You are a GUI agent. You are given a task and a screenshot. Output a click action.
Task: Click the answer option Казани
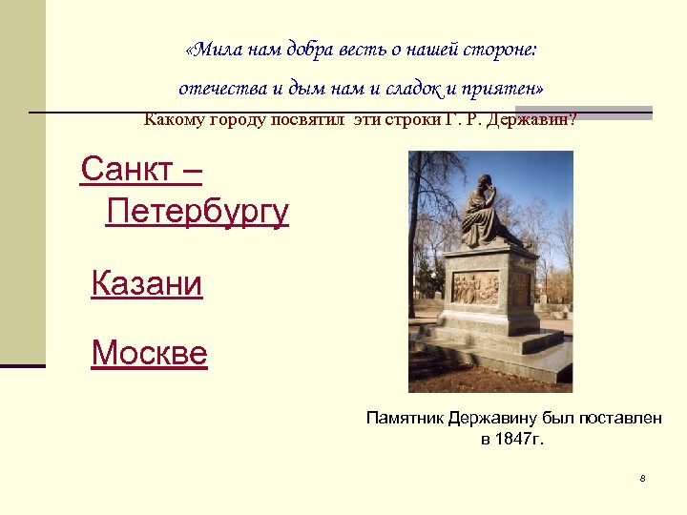[147, 283]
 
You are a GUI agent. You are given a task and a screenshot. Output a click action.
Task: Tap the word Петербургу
[198, 210]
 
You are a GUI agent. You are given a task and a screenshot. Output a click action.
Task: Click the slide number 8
[643, 478]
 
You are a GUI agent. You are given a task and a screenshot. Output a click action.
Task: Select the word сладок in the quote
[416, 89]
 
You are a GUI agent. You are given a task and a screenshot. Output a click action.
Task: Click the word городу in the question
[239, 120]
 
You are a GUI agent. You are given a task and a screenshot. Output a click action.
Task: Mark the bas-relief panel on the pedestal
[474, 287]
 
